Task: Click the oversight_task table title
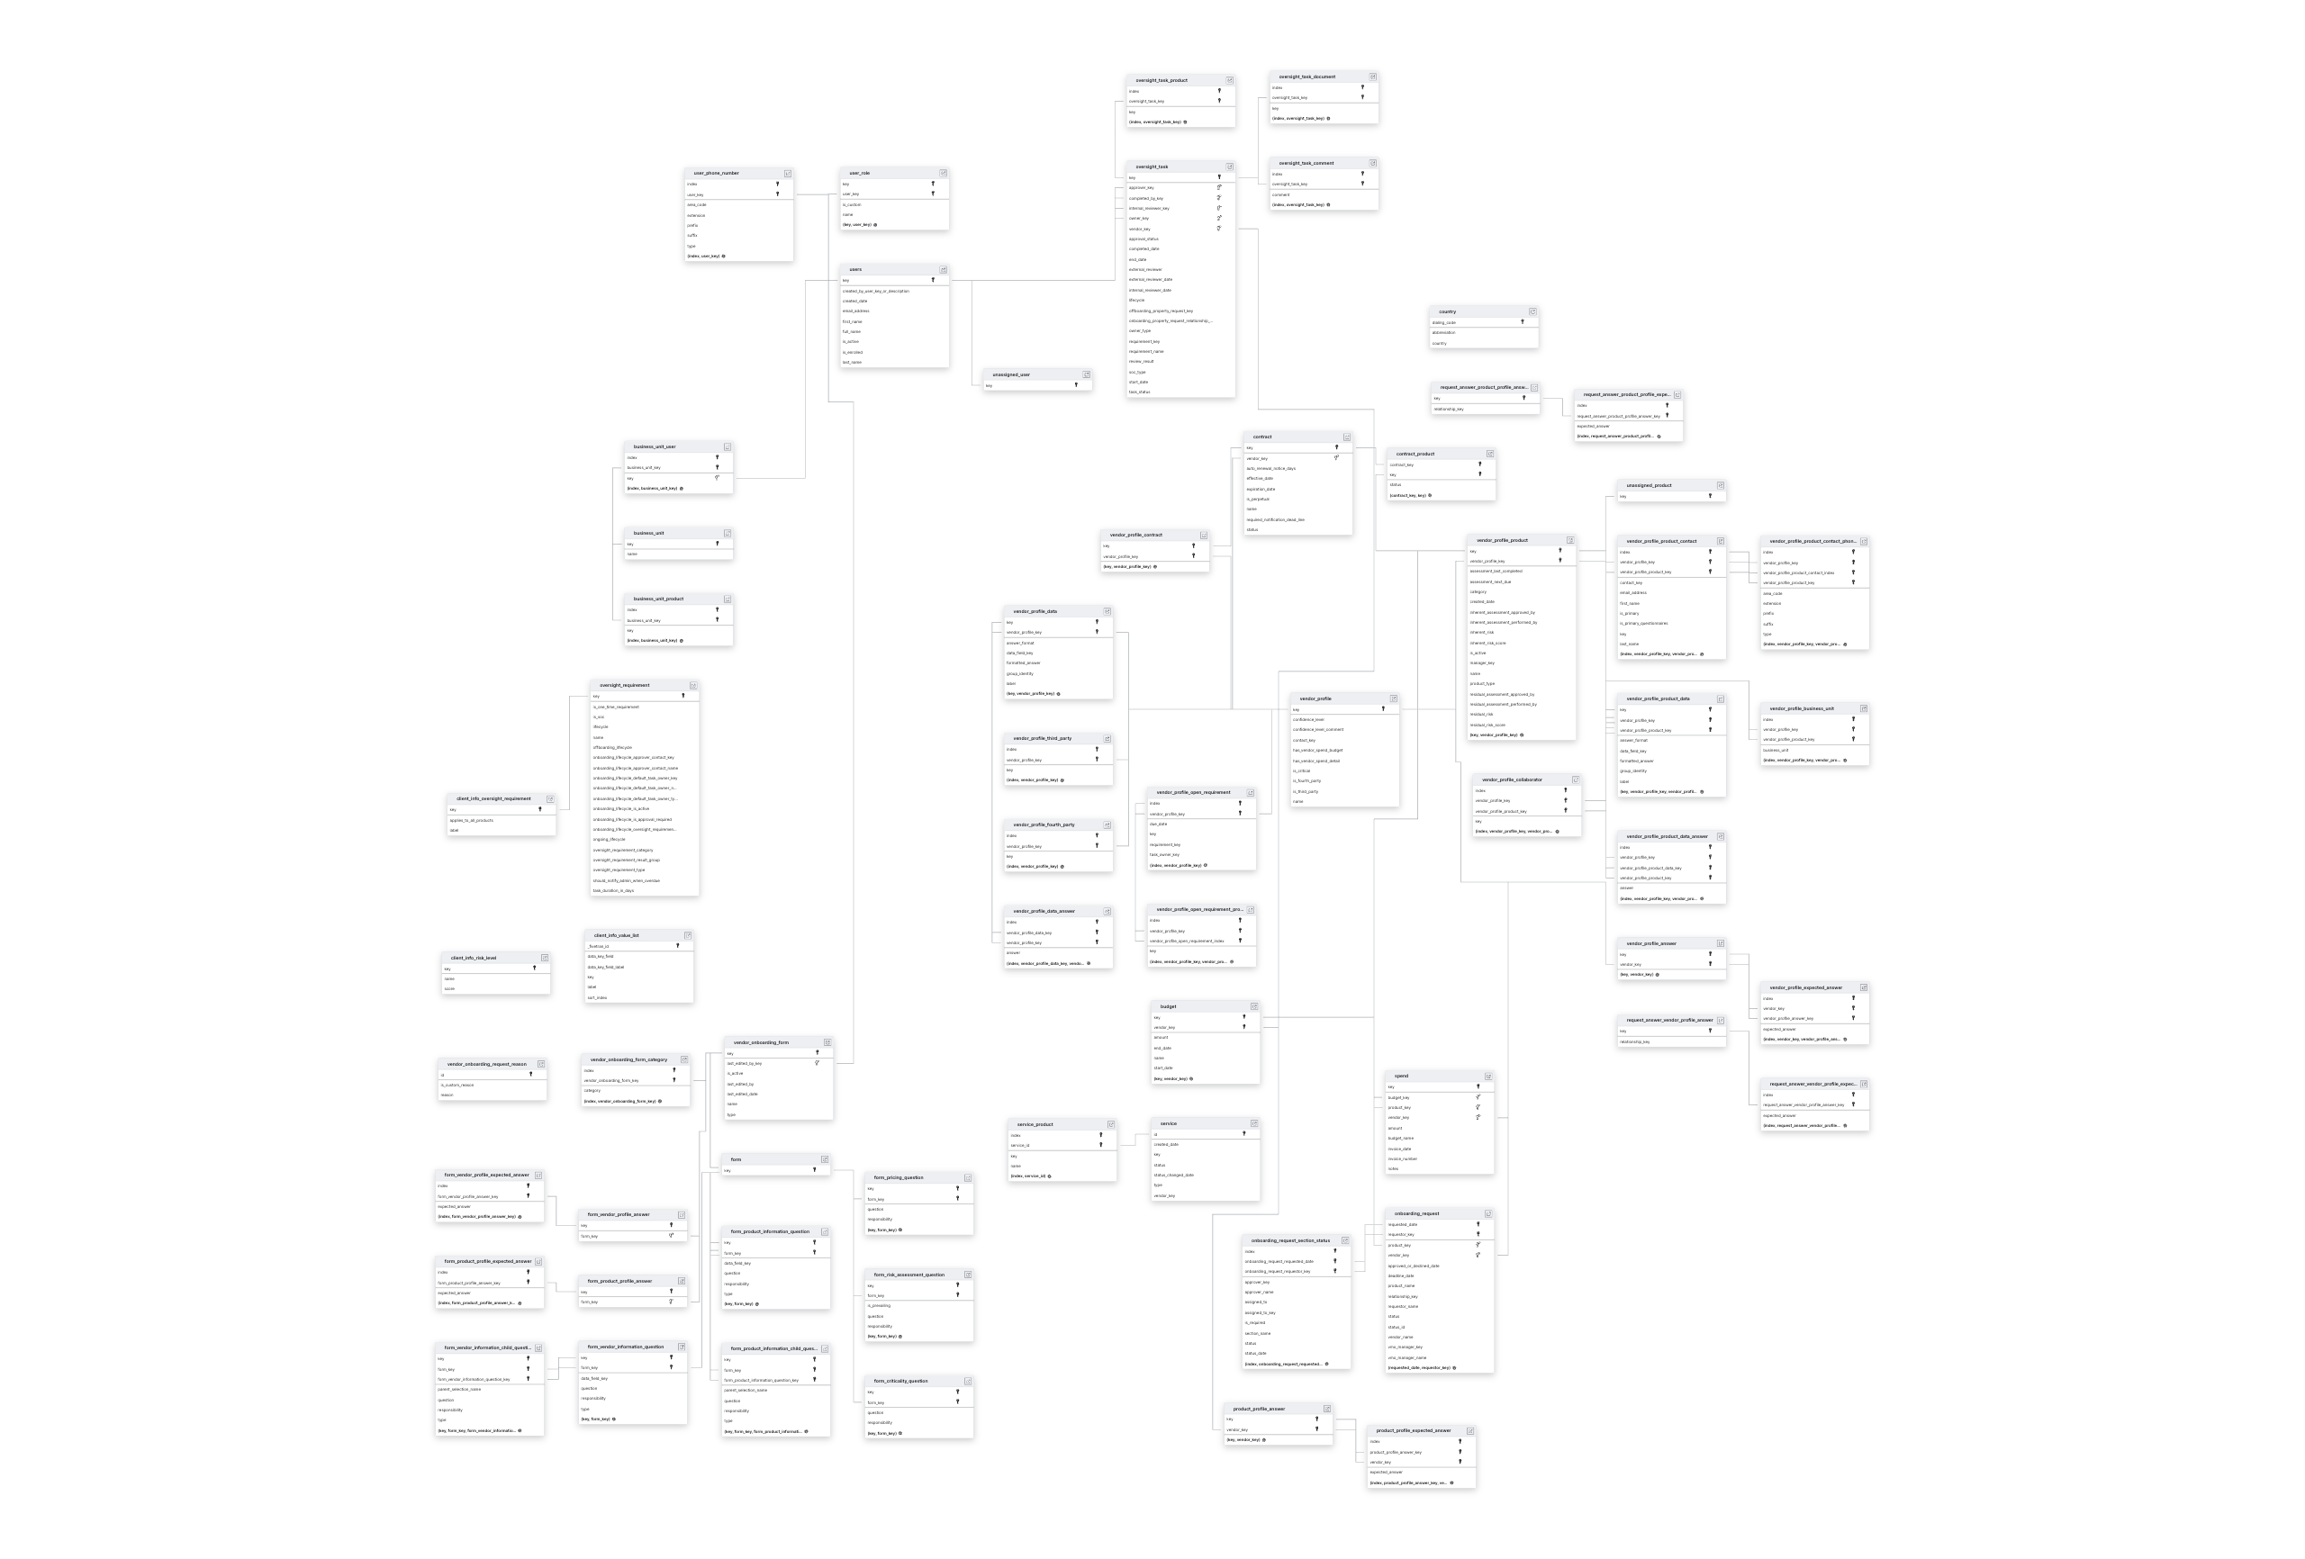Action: point(1152,167)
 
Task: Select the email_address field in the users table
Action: point(856,311)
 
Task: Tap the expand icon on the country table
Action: point(1532,311)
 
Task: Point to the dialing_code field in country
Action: point(1444,322)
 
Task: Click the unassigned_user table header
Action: point(1012,374)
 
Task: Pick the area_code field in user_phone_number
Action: point(697,205)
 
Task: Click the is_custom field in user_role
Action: point(852,205)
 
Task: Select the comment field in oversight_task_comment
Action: point(1281,195)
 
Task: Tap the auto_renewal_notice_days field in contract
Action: point(1270,469)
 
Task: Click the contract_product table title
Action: point(1415,455)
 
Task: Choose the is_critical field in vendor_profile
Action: point(1301,771)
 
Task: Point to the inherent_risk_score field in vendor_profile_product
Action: point(1487,644)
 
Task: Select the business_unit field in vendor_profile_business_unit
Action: point(1776,751)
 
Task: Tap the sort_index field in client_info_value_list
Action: point(597,997)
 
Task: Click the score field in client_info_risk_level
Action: point(449,988)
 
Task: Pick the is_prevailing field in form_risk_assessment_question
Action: point(879,1306)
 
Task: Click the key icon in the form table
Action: point(815,1170)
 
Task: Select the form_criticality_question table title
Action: point(900,1382)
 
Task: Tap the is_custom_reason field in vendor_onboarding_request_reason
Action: point(457,1085)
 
